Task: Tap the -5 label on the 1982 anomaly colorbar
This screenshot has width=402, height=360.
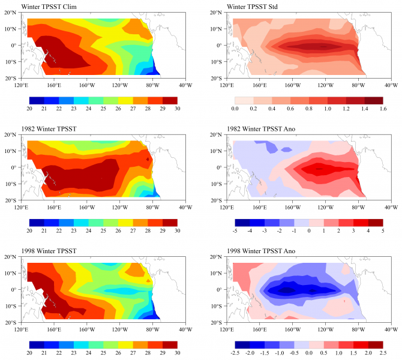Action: click(234, 230)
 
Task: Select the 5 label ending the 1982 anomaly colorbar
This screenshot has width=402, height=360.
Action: click(382, 230)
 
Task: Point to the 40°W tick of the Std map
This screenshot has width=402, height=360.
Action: click(391, 83)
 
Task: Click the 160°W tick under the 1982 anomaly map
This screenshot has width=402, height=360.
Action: click(292, 206)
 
